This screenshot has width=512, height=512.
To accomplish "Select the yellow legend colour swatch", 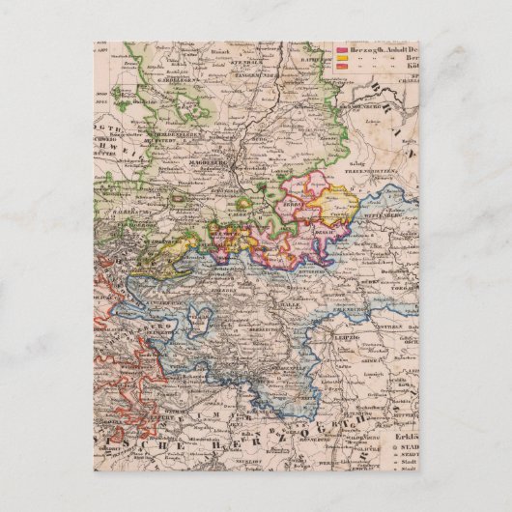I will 339,57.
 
